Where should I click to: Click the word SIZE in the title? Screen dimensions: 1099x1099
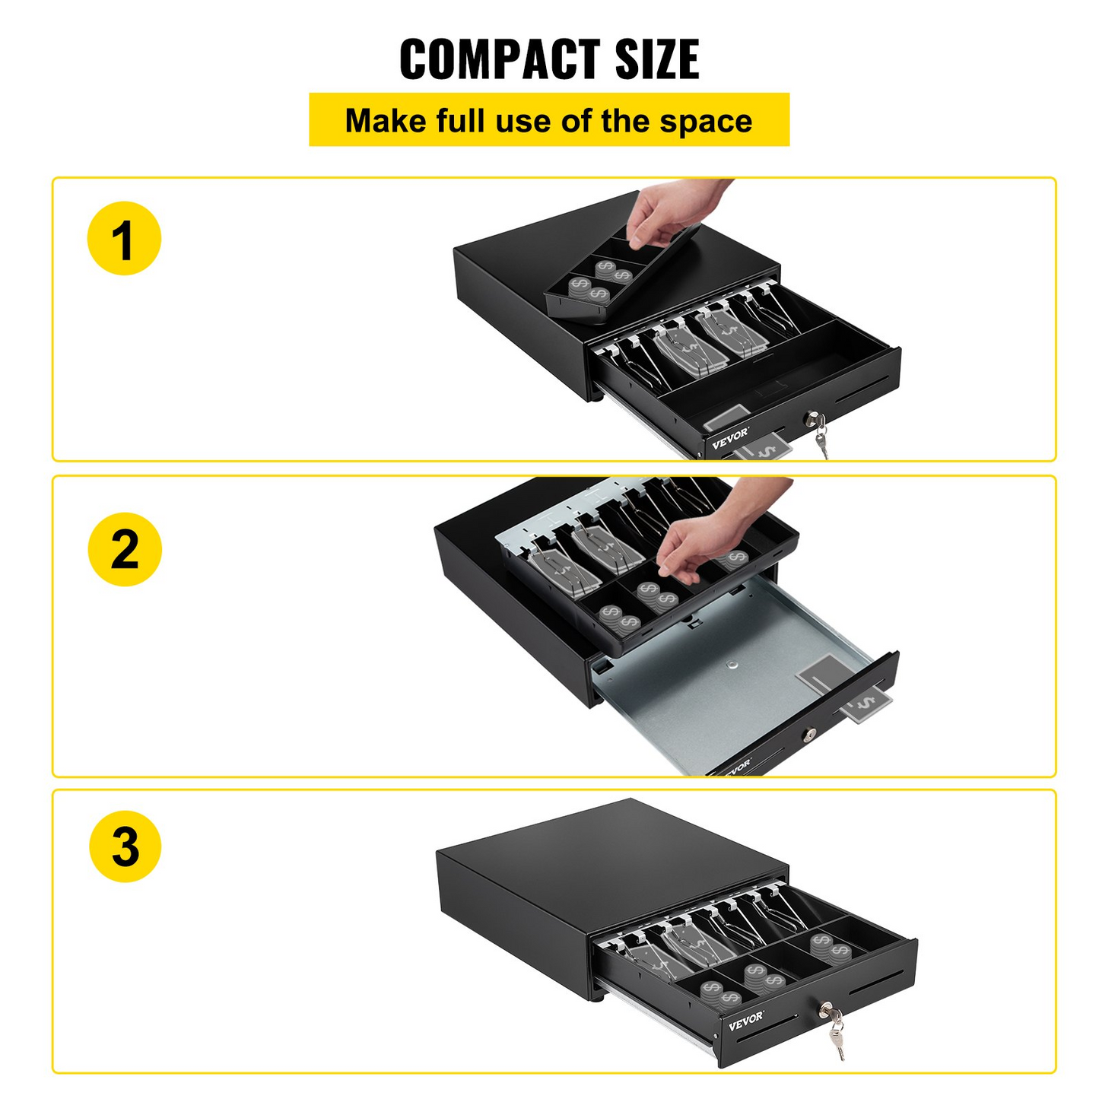[657, 59]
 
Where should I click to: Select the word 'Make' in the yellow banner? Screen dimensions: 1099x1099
[386, 122]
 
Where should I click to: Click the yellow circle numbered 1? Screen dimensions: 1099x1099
[124, 239]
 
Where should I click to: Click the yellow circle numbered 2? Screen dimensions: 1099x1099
[125, 549]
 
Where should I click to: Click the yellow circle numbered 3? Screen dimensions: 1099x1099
[125, 846]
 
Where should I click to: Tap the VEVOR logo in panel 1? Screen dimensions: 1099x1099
[730, 439]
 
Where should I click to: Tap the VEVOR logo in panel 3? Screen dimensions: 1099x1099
[745, 1020]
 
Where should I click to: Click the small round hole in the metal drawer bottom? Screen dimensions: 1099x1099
[732, 665]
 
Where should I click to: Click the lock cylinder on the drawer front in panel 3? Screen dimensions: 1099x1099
[825, 1010]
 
